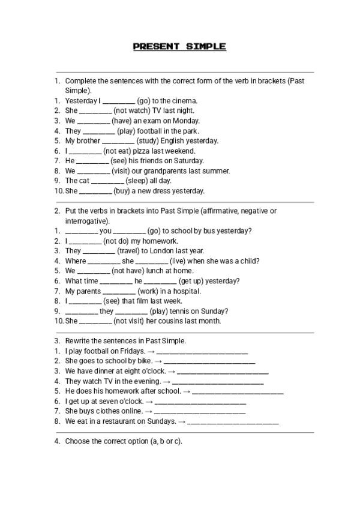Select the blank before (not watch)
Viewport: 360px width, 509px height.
click(95, 111)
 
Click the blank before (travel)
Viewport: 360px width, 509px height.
click(98, 251)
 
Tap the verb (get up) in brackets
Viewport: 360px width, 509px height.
click(194, 281)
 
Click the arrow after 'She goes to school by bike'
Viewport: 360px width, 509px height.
click(158, 361)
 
